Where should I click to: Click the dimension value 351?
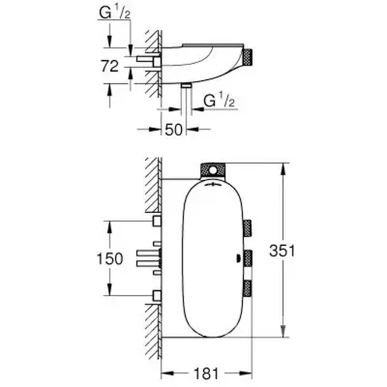point(283,251)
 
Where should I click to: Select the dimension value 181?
point(207,374)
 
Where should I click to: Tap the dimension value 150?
point(110,258)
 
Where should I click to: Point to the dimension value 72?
point(110,67)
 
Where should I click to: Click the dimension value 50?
point(174,130)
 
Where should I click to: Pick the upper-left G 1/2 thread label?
point(114,15)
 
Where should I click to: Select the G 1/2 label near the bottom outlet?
point(219,101)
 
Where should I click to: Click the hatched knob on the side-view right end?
point(249,57)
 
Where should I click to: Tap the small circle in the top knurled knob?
point(212,170)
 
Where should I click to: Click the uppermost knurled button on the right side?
point(248,228)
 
